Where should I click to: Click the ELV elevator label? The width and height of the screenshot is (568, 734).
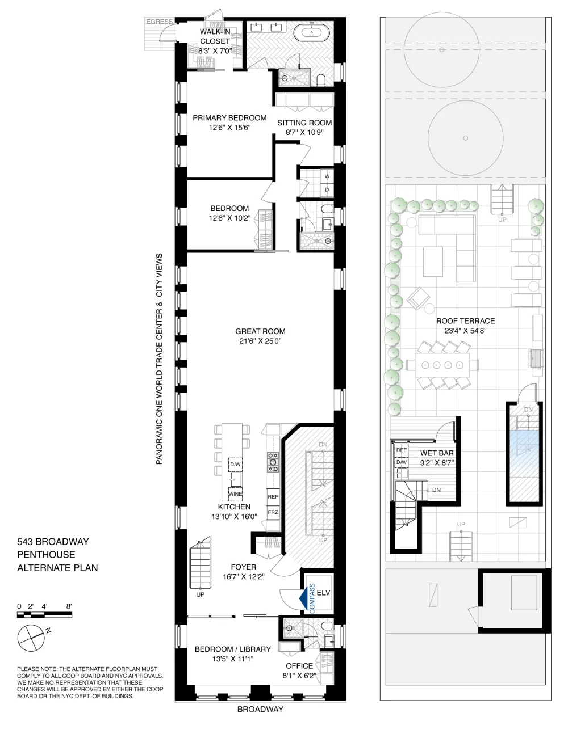(323, 593)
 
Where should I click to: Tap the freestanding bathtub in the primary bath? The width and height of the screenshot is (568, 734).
(311, 32)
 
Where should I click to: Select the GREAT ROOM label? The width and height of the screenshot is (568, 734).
(260, 331)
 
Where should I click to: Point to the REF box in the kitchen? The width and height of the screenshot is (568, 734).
(273, 496)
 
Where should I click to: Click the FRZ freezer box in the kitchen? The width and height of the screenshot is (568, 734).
(273, 512)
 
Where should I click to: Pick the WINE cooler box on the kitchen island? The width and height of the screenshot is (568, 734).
(235, 494)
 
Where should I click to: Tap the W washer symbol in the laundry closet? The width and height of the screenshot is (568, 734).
(327, 176)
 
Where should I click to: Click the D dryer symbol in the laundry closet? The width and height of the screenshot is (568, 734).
(327, 190)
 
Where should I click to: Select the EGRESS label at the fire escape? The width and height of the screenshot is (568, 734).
(159, 22)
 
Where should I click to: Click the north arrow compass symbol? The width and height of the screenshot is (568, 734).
(31, 638)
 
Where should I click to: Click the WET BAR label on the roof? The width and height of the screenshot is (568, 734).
(437, 453)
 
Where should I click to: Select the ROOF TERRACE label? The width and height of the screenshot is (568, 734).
(465, 321)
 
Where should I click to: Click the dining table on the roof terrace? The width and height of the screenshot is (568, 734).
(442, 365)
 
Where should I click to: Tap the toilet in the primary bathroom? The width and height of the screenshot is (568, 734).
(321, 80)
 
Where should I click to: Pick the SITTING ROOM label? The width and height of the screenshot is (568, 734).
(304, 123)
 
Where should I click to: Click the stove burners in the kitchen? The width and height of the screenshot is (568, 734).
(273, 462)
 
